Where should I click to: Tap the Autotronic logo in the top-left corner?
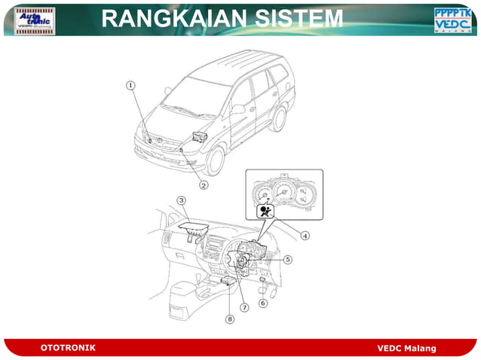[x=35, y=20]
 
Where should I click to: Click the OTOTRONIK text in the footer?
[x=68, y=347]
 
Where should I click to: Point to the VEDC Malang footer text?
[x=406, y=348]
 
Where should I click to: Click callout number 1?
[x=130, y=86]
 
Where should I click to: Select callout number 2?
[x=204, y=185]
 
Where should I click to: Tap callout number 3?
[x=182, y=200]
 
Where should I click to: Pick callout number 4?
[x=305, y=235]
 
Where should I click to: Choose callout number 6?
[x=263, y=304]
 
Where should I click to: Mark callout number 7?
[x=244, y=307]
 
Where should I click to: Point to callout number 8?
[x=230, y=319]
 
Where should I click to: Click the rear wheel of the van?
[x=280, y=118]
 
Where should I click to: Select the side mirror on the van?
[x=238, y=109]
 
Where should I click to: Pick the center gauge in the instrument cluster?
[x=284, y=191]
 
